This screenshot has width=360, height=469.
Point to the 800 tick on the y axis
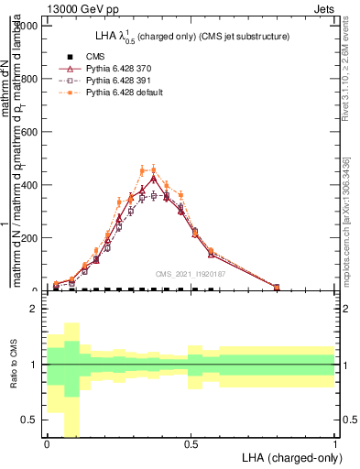(x=27, y=79)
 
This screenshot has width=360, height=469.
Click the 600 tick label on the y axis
(x=27, y=132)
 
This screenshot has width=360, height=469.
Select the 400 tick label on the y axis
(x=27, y=185)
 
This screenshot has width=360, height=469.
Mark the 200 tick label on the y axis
(x=27, y=238)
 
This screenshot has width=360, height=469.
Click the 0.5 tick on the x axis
(x=191, y=443)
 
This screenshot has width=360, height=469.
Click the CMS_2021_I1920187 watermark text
(x=190, y=274)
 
